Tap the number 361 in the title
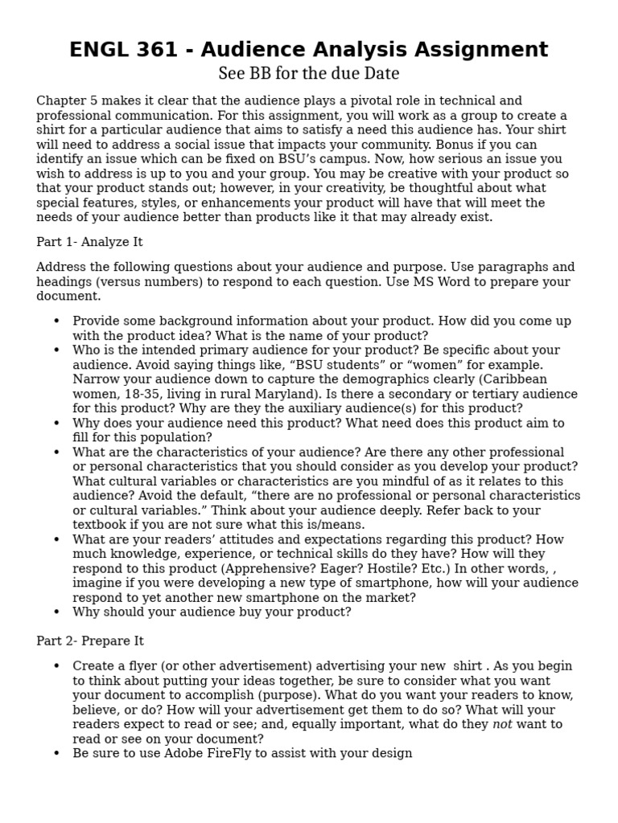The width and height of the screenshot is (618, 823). click(158, 50)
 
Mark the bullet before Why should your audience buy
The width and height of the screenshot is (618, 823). click(56, 612)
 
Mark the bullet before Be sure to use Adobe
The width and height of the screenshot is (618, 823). click(56, 754)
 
